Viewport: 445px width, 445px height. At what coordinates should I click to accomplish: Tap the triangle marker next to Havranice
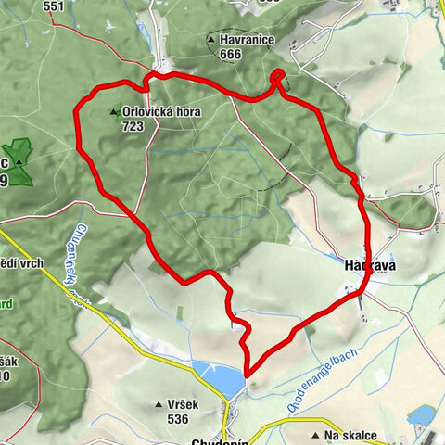(213, 40)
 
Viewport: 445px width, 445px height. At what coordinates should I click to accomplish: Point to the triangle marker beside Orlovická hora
(114, 112)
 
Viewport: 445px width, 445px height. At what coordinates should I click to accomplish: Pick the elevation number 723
(133, 126)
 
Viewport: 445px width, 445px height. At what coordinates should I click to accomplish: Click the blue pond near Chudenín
(219, 375)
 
